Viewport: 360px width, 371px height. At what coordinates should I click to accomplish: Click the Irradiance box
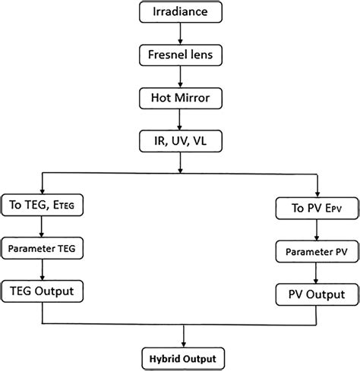(179, 12)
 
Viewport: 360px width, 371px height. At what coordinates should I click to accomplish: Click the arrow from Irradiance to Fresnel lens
(179, 33)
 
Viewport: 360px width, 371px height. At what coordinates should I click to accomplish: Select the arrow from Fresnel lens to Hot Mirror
(179, 76)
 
